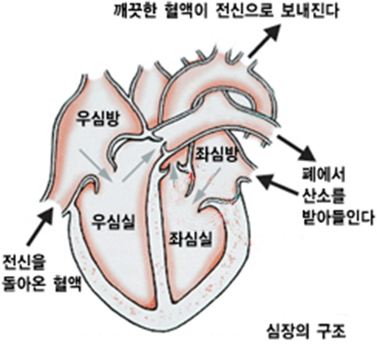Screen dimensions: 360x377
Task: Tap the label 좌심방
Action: [216, 152]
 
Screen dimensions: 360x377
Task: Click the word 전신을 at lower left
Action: [23, 260]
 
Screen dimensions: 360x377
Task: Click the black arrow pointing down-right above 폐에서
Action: [298, 148]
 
